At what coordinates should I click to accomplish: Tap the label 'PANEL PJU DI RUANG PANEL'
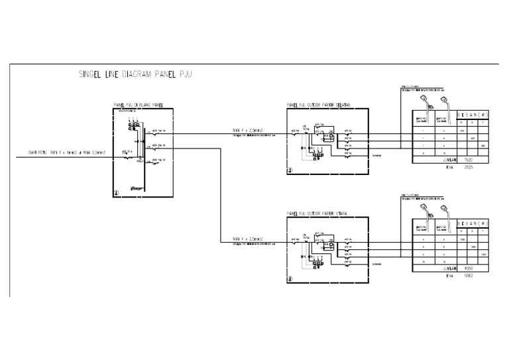139,105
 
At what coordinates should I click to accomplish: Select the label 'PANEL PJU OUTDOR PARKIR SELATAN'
318,105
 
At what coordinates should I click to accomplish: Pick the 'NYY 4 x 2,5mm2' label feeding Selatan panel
248,129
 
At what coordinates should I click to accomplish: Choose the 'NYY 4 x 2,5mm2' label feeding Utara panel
248,237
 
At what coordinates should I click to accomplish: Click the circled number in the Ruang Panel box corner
117,194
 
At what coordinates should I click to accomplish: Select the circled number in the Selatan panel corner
290,170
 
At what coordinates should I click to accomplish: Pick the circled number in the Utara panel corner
290,279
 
